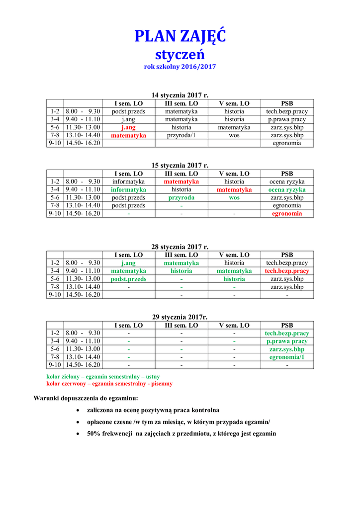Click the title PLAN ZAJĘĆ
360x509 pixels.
tap(180, 36)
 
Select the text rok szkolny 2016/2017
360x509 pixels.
tap(180, 66)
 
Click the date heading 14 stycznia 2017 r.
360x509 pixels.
tap(180, 95)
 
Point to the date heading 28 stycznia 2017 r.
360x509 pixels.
tap(180, 247)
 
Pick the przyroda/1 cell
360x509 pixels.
tap(181, 135)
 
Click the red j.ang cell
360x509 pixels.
tap(128, 127)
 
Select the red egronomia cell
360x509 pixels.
tap(287, 214)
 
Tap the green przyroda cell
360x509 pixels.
tap(181, 197)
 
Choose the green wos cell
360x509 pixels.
tap(234, 197)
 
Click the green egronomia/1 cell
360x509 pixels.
tap(287, 357)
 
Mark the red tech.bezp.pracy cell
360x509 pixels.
tap(287, 271)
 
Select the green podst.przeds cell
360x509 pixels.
tap(128, 279)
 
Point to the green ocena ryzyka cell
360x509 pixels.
tap(287, 189)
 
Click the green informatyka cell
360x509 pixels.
tap(128, 189)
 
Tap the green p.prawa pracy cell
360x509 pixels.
tap(287, 341)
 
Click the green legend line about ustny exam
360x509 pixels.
tap(103, 377)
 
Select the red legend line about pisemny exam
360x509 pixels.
tap(109, 384)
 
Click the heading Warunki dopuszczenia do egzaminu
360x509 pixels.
tap(86, 398)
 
